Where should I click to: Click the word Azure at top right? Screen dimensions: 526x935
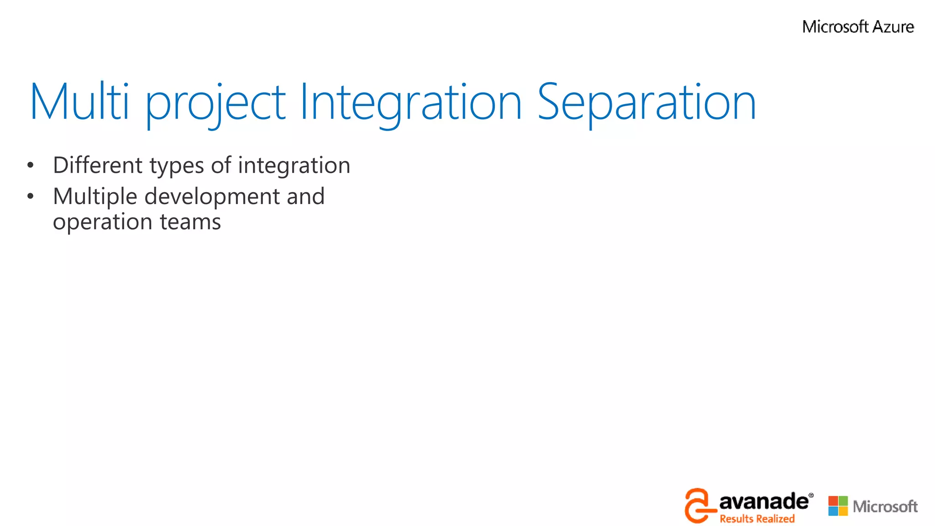(x=893, y=27)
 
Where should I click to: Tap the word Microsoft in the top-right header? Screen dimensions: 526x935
(x=835, y=27)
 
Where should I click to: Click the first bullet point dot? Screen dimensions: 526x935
(x=30, y=165)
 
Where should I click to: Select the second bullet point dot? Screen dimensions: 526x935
(x=30, y=196)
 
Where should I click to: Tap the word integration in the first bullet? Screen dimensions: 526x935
(x=294, y=166)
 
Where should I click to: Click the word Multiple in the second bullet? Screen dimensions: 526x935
(x=95, y=197)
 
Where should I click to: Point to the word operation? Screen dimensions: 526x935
(x=102, y=223)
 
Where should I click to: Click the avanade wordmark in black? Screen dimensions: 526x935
(x=763, y=502)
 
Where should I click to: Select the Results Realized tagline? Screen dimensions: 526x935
(x=757, y=519)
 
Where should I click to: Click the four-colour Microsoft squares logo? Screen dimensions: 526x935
(x=838, y=506)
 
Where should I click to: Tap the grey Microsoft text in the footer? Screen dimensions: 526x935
(x=885, y=506)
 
